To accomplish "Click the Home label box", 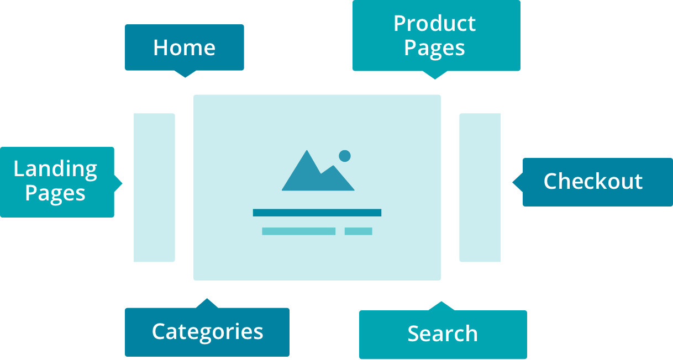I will click(184, 47).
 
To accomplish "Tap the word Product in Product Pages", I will click(434, 24).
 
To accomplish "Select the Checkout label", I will click(593, 182).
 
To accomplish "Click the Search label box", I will click(443, 334).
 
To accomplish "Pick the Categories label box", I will click(207, 331).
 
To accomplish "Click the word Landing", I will click(55, 169).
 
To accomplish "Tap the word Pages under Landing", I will click(55, 194).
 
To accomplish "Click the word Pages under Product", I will click(434, 48).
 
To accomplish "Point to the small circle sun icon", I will click(345, 156).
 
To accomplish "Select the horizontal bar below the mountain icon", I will click(317, 213).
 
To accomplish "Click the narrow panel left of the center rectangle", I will click(154, 188).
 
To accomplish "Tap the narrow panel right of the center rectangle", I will click(480, 188).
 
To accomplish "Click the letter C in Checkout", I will click(551, 182).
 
